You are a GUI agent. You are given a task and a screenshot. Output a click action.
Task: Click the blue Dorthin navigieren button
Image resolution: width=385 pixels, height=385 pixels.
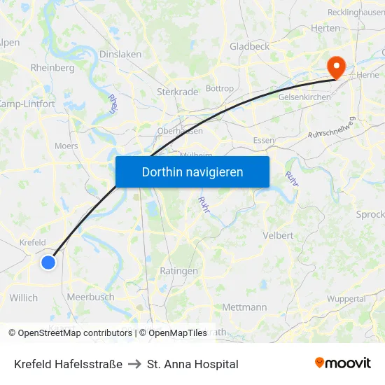192,171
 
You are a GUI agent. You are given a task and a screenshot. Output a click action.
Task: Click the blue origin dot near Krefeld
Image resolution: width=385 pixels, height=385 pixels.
48,262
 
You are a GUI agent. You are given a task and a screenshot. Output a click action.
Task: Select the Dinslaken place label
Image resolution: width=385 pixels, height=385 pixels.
120,54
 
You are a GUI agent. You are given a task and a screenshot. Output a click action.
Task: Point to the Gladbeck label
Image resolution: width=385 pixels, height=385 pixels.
249,46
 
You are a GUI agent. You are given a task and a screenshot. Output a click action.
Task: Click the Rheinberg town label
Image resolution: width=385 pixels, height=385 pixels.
52,68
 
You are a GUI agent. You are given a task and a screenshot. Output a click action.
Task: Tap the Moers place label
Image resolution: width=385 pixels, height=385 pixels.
66,146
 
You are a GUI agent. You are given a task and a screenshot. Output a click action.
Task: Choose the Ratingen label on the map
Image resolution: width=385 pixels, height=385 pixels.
178,271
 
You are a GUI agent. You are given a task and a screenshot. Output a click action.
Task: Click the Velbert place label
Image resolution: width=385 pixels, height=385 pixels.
278,235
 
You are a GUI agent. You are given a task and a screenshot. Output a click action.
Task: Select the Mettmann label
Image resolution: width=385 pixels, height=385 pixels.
244,307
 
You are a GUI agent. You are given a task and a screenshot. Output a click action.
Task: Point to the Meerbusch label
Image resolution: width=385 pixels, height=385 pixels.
90,297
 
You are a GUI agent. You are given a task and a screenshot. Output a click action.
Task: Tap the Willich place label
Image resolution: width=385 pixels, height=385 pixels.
24,297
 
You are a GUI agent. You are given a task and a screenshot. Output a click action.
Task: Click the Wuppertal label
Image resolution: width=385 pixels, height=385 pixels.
346,299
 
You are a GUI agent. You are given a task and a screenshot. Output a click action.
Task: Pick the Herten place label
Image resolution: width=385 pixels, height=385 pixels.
325,28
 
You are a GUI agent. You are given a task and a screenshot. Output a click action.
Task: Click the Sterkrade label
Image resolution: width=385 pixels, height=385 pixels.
175,91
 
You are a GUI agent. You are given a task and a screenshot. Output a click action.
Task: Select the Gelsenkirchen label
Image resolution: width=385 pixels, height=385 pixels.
304,97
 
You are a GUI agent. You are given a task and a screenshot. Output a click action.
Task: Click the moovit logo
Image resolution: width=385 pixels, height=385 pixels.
343,363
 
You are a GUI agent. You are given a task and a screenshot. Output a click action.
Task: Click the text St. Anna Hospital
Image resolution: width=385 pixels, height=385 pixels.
192,364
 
